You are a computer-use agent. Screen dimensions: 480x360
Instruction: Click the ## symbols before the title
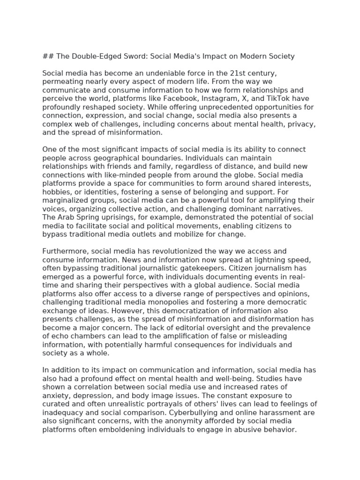click(x=48, y=56)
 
